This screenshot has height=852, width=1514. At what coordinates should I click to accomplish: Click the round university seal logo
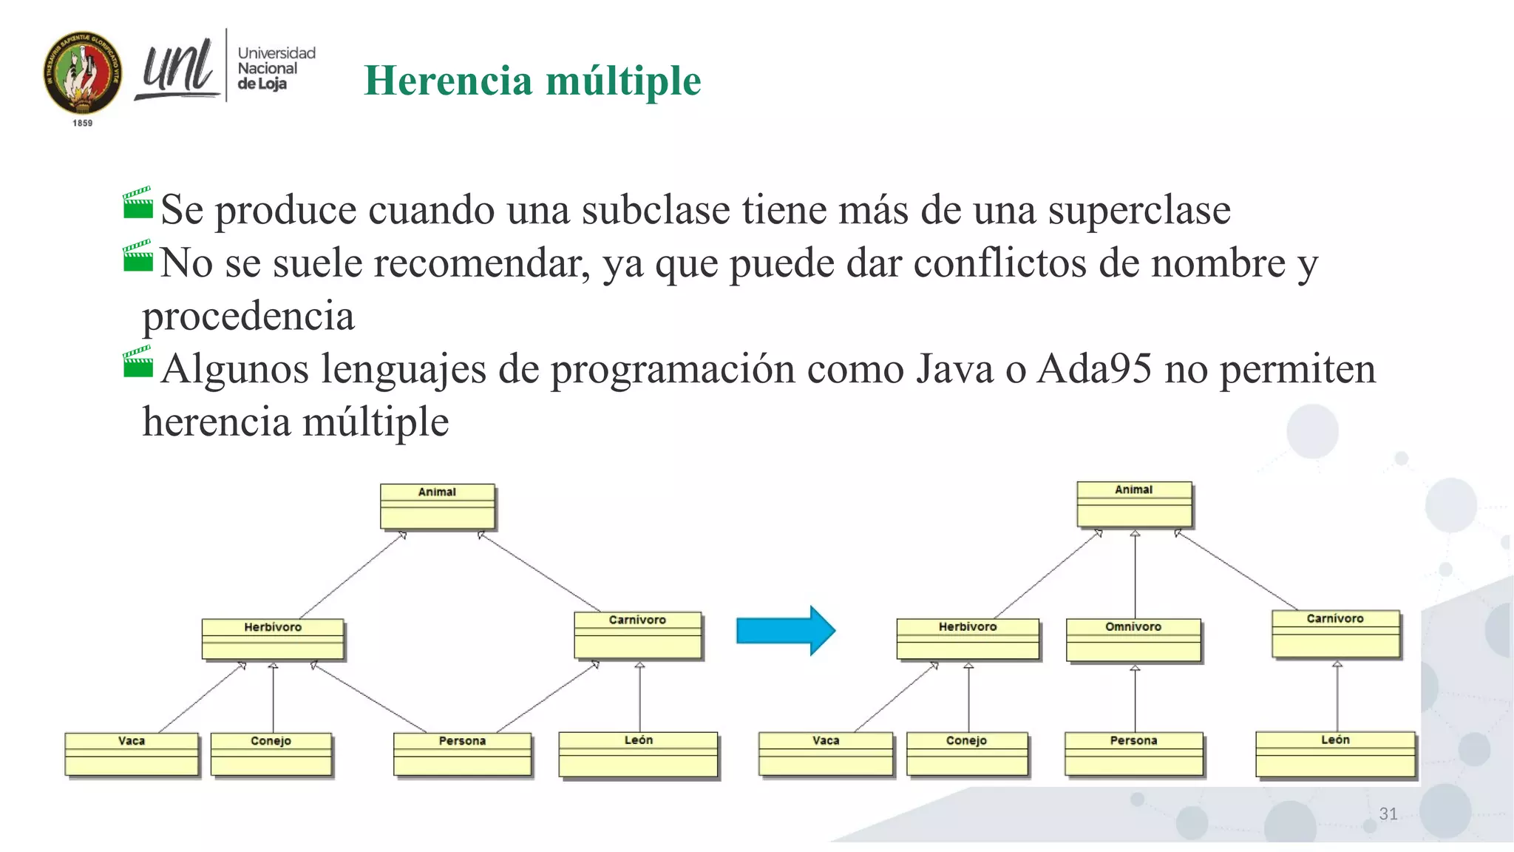coord(83,72)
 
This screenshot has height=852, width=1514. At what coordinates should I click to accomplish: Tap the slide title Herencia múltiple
coord(532,81)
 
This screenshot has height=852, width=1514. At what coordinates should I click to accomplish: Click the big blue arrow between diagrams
coord(785,631)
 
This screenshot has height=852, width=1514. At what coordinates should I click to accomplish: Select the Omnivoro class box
coord(1133,640)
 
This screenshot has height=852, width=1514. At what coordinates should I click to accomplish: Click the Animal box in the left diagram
coord(437,506)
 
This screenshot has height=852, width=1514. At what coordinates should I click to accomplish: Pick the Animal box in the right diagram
coord(1134,504)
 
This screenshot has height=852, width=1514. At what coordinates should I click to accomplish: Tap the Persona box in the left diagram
coord(462,754)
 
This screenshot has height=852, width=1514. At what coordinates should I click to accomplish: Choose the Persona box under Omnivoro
coord(1133,754)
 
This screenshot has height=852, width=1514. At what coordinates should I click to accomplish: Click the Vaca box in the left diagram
coord(132,754)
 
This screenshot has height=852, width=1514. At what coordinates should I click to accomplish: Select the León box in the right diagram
coord(1335,754)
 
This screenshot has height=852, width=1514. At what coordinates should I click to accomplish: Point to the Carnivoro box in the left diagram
coord(637,635)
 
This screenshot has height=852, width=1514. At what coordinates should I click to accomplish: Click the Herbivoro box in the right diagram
coord(968,639)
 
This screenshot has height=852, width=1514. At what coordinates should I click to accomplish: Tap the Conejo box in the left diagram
coord(271,754)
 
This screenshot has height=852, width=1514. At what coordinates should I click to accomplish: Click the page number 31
coord(1388,814)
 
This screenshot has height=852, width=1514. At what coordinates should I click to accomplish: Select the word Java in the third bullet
coord(954,369)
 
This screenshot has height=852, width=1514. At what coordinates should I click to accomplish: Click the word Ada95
coord(1094,369)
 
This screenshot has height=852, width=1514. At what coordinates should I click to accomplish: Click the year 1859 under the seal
coord(83,124)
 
